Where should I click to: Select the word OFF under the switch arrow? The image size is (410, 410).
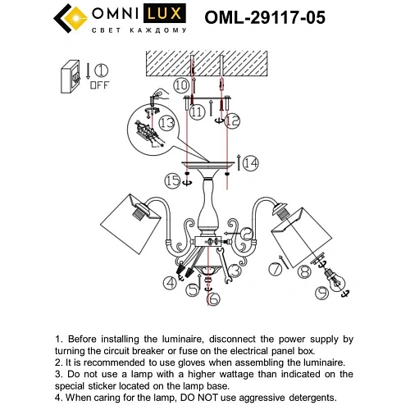pos(101,84)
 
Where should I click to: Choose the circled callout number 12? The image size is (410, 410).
pos(233,120)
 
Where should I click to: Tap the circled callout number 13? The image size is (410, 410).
pos(166,122)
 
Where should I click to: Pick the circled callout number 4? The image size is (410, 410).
pos(170,284)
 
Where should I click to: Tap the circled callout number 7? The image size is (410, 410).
pos(276,269)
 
